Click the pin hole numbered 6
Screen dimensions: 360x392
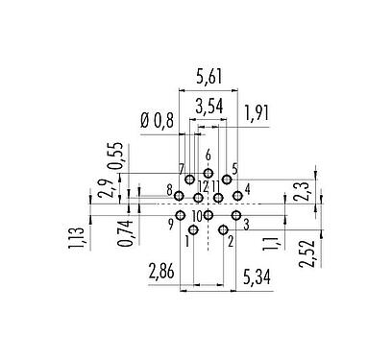(x=208, y=172)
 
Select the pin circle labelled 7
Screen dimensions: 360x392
(x=190, y=180)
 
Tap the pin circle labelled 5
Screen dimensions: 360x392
(x=227, y=179)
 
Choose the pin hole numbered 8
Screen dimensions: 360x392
(x=179, y=196)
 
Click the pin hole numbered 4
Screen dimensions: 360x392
(x=237, y=196)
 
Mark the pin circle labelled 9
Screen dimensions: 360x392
(x=180, y=215)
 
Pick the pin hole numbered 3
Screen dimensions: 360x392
(x=235, y=215)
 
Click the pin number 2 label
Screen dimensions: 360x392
(x=230, y=240)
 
